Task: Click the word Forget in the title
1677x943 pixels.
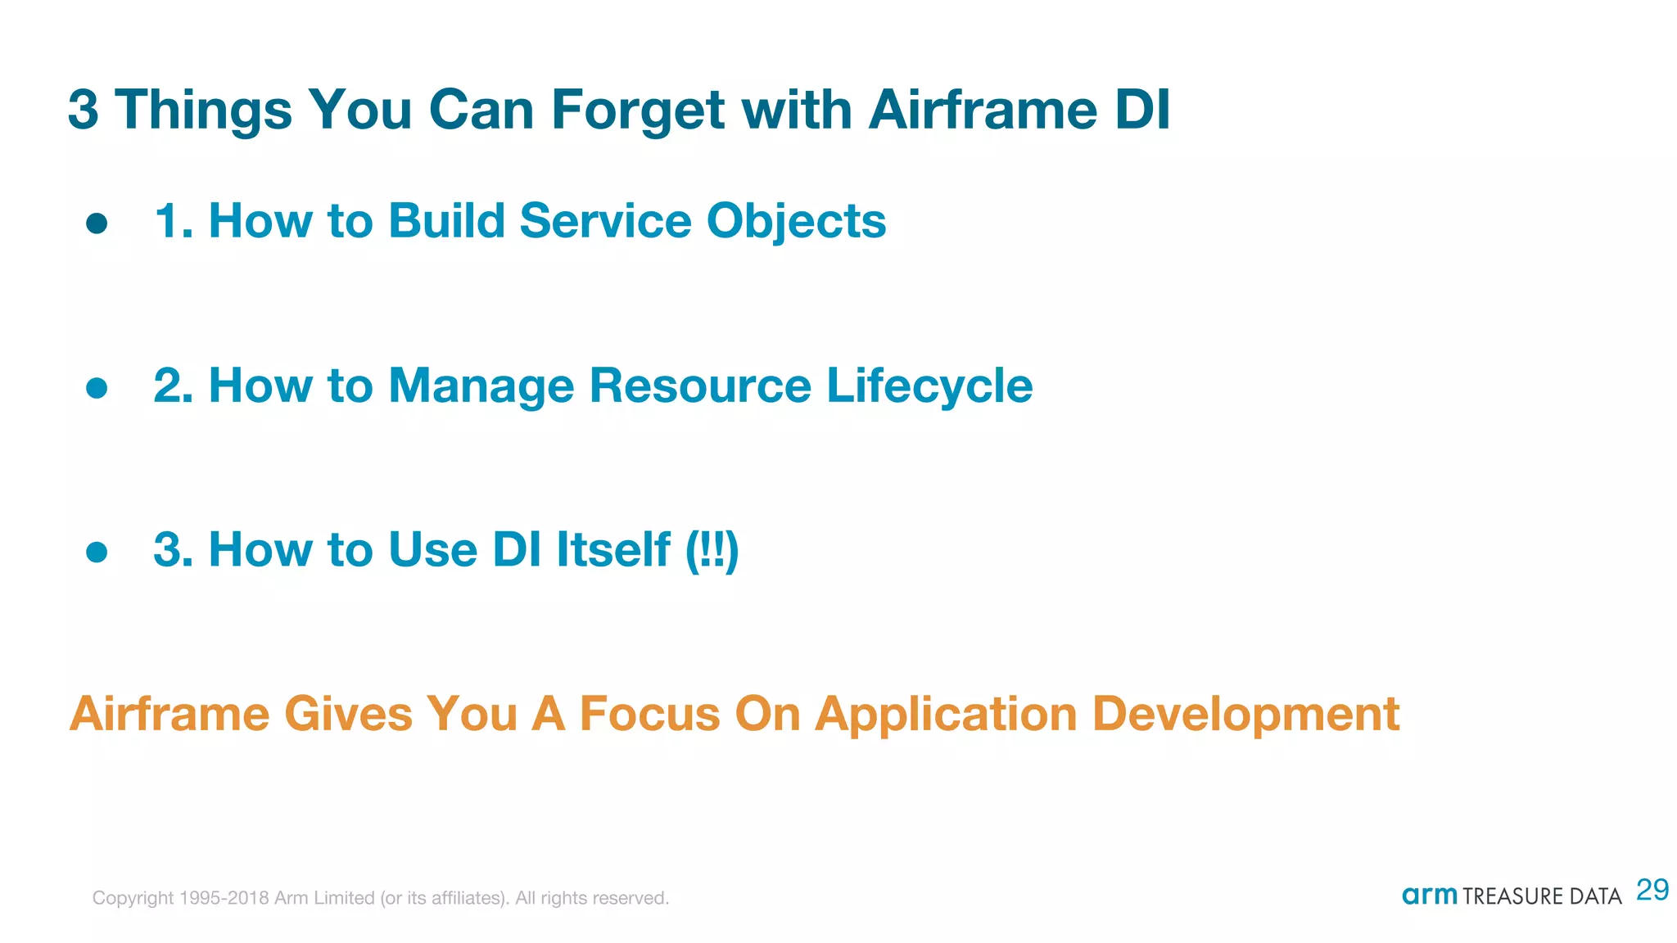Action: click(637, 111)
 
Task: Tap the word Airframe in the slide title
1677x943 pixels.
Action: click(982, 109)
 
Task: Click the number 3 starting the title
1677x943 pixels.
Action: click(83, 110)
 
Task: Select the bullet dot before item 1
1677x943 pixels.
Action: click(97, 223)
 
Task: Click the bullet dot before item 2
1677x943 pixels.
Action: click(97, 388)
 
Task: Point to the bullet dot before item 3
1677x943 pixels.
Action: click(97, 552)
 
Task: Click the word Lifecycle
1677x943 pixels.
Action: click(929, 386)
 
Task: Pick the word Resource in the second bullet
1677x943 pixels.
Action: click(700, 386)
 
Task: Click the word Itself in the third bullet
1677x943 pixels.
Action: click(613, 549)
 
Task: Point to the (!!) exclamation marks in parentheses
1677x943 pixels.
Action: click(712, 550)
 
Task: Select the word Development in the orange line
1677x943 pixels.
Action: click(1245, 715)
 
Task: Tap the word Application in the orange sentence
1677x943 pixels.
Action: click(946, 715)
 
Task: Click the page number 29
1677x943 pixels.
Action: click(1652, 890)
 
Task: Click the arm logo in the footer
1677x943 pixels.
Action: click(1429, 895)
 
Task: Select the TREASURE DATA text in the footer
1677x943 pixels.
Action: click(1542, 896)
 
